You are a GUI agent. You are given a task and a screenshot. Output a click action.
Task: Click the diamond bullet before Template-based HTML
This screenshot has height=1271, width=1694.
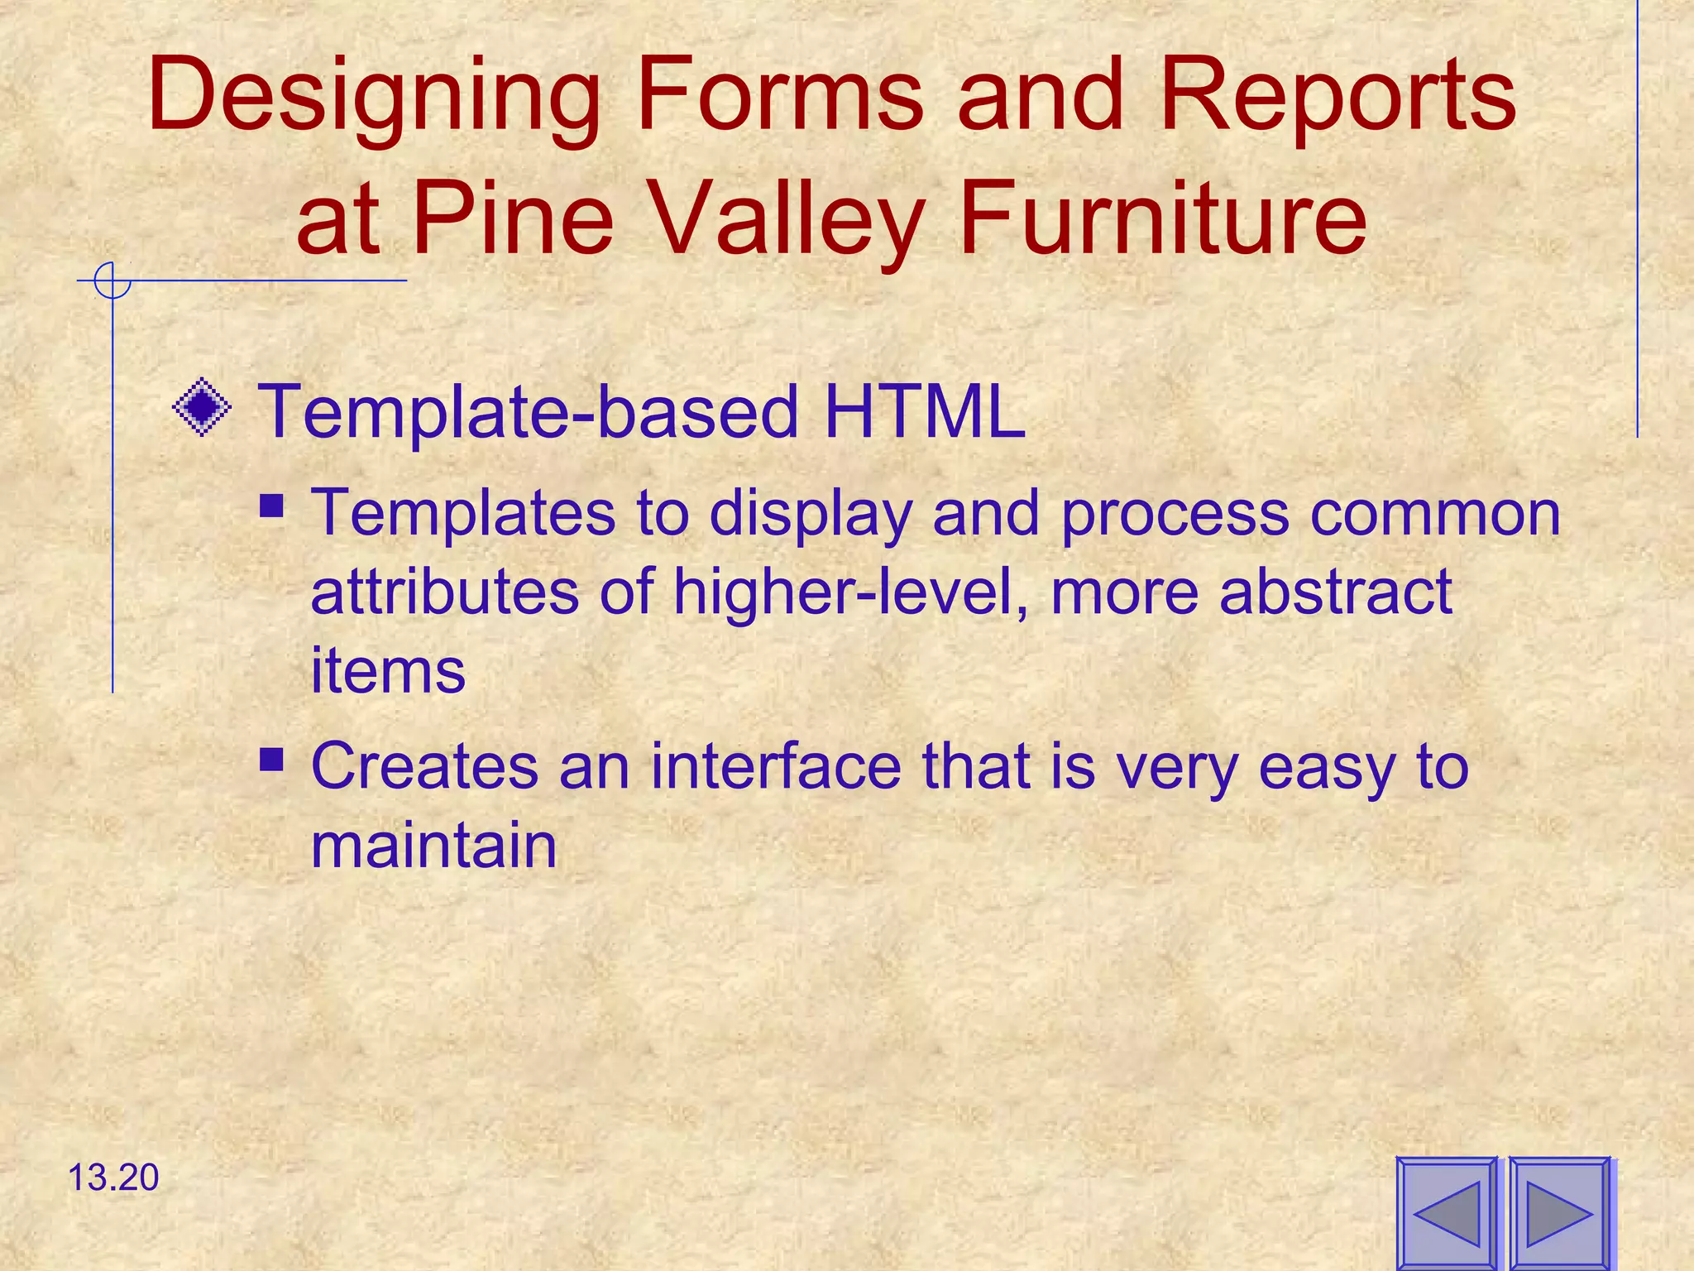coord(202,407)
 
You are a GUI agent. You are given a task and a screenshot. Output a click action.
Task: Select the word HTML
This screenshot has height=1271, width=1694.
coord(924,410)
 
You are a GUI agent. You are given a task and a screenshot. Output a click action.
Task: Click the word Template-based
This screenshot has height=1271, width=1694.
coord(529,410)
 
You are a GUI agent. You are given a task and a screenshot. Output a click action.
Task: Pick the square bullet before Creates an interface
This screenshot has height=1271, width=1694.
coord(272,759)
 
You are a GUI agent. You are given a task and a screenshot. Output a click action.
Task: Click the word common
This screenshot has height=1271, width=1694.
coord(1435,513)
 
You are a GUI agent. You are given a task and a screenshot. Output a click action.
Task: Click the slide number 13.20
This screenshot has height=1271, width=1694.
coord(113,1177)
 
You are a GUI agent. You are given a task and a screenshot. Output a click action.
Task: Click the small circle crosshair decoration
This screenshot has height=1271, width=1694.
coord(112,281)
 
